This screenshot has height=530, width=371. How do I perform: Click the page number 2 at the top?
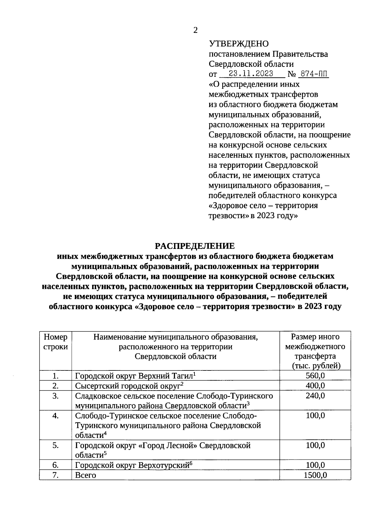pos(195,30)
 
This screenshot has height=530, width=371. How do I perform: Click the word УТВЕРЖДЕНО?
pos(239,44)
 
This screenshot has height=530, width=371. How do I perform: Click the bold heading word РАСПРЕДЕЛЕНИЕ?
pos(195,246)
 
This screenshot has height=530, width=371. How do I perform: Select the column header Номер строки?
pos(56,342)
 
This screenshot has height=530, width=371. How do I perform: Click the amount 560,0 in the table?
pos(315,376)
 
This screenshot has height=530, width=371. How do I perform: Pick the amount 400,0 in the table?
pos(315,386)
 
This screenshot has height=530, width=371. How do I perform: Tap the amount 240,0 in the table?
pos(315,396)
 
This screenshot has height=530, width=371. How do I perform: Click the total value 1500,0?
pos(315,475)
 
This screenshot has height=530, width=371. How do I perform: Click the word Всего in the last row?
pos(86,475)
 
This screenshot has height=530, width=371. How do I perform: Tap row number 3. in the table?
pos(56,396)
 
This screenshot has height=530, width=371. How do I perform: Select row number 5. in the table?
pos(56,446)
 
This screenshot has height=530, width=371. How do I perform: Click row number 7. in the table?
pos(56,475)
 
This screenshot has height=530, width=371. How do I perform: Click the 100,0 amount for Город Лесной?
pos(315,446)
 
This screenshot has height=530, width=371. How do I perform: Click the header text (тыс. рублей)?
pos(315,366)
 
